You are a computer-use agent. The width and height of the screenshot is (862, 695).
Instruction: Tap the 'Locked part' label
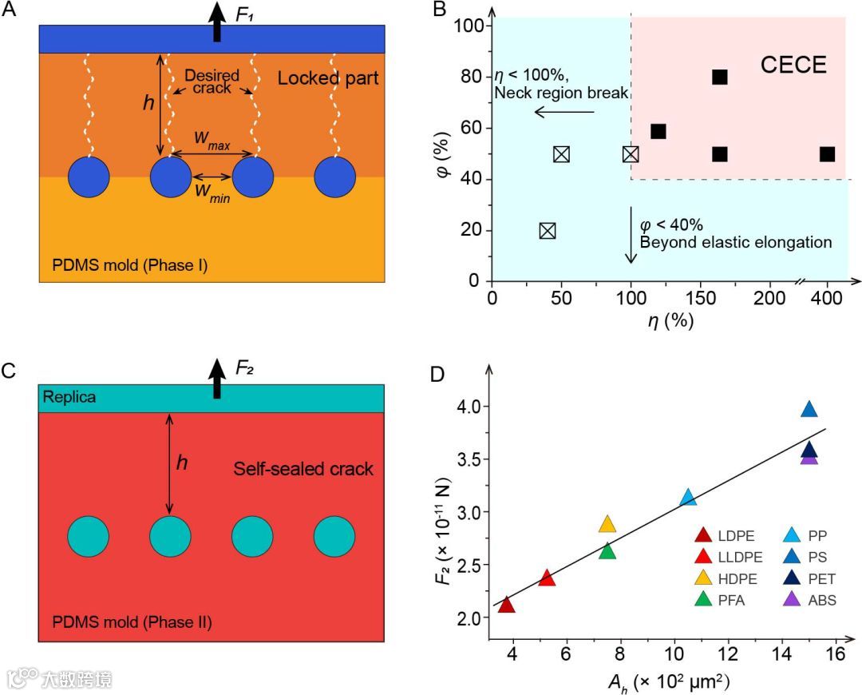tap(328, 78)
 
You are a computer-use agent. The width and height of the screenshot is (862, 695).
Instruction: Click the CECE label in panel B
tap(793, 65)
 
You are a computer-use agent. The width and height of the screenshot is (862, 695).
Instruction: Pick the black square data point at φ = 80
tap(720, 77)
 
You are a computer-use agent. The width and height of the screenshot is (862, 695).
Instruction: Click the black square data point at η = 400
tap(828, 154)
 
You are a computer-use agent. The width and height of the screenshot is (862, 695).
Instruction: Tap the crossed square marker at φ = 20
tap(548, 231)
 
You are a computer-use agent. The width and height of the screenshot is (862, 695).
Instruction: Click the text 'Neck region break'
tap(561, 93)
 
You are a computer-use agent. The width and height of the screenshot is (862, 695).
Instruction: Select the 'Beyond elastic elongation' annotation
tap(736, 242)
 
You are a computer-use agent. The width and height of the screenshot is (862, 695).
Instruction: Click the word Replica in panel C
tap(70, 397)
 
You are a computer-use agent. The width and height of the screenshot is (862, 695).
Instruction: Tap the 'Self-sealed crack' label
tap(303, 469)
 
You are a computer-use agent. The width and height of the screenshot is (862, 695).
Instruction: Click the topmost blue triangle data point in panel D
tap(809, 410)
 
